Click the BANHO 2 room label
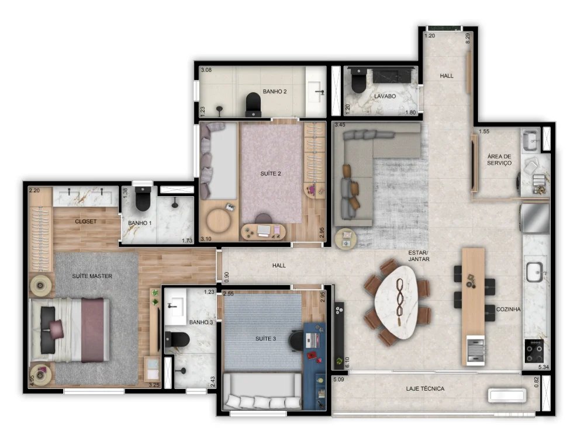[x=274, y=92]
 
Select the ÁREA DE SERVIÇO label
[x=499, y=159]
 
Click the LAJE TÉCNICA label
[x=425, y=388]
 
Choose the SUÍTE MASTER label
[x=92, y=276]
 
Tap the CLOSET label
[x=86, y=222]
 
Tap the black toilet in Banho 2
[x=253, y=103]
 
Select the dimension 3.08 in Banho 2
[x=206, y=70]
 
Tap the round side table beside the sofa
[x=347, y=237]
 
